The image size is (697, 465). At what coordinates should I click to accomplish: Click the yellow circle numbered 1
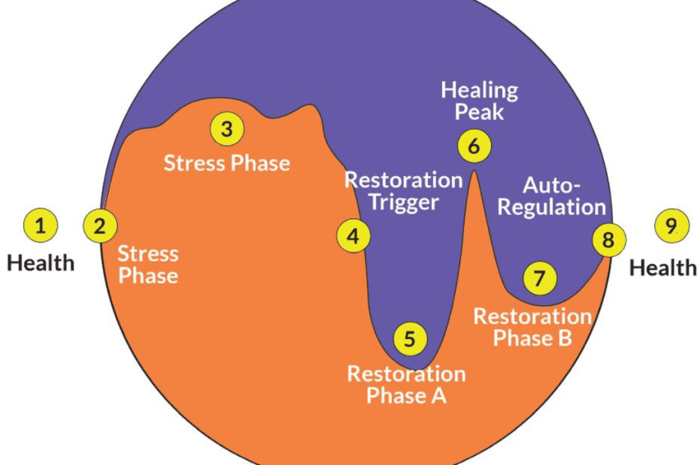(x=40, y=225)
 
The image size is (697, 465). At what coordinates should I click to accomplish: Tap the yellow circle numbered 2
(x=100, y=225)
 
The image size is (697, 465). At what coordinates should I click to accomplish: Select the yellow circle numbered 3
(x=227, y=129)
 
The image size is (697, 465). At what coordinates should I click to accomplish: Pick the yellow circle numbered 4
(x=352, y=237)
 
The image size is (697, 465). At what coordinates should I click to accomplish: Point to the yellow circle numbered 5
(x=409, y=338)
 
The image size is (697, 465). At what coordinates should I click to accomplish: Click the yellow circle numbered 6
(x=474, y=145)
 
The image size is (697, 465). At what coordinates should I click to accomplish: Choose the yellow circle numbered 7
(x=540, y=278)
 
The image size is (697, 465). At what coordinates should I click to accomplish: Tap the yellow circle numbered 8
(x=608, y=240)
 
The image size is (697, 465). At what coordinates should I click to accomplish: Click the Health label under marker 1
(x=41, y=263)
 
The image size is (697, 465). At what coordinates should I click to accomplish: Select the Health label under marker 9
(x=663, y=268)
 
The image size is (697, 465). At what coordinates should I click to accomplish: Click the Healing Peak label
(x=479, y=101)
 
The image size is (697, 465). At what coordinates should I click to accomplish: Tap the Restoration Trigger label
(x=403, y=191)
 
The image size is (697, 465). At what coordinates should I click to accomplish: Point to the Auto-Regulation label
(x=552, y=196)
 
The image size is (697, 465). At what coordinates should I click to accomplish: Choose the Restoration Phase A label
(x=406, y=384)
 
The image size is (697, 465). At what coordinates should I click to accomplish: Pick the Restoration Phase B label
(x=533, y=327)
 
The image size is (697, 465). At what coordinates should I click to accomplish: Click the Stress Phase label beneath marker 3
(x=227, y=163)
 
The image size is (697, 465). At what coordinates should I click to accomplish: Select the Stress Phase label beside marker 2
(x=148, y=264)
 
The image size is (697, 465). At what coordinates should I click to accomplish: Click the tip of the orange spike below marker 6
(x=474, y=172)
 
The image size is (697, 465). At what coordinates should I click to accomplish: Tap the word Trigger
(x=403, y=202)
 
